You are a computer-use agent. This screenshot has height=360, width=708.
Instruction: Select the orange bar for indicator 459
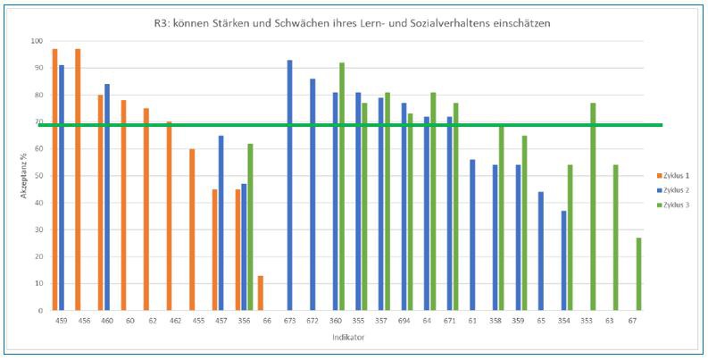(54, 179)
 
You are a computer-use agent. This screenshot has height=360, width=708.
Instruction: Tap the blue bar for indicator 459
(62, 188)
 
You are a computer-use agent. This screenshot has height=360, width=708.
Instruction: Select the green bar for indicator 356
(251, 227)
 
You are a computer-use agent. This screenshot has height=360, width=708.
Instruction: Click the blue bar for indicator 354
(564, 260)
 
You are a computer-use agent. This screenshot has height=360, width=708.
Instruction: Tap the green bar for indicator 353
(593, 206)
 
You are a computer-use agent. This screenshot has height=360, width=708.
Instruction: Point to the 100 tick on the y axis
(36, 41)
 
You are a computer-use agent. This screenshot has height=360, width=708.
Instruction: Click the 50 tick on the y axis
(37, 176)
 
